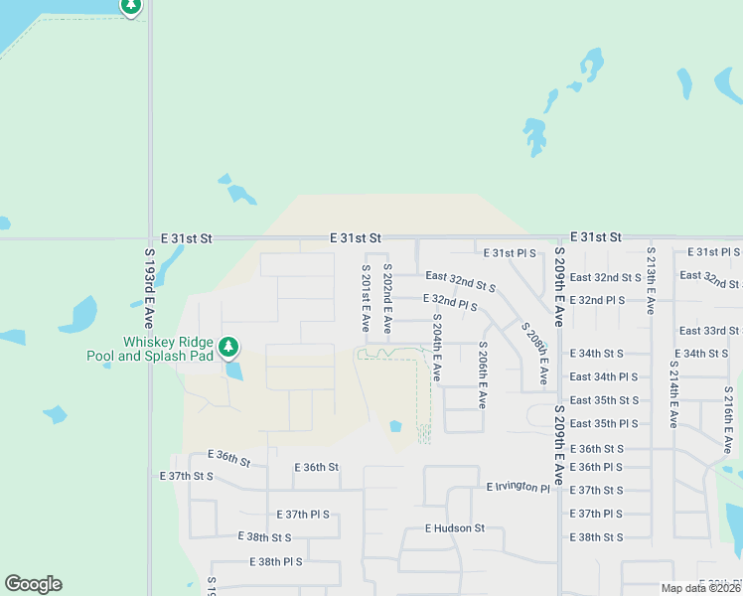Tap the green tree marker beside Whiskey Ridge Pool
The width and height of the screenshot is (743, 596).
(229, 347)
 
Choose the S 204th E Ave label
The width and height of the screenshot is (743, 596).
(436, 347)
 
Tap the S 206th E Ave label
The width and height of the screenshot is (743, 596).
(483, 374)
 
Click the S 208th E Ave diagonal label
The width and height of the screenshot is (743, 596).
(534, 353)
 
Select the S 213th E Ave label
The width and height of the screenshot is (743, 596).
(651, 281)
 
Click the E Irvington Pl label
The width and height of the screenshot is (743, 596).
(518, 488)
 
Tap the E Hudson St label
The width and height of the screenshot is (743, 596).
(454, 528)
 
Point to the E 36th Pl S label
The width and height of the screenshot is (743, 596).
(596, 467)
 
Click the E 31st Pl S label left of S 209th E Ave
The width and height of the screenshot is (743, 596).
(510, 253)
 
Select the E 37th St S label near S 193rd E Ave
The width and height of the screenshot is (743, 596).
(188, 476)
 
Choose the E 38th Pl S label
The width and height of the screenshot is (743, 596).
(272, 561)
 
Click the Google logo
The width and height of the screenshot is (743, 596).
(33, 584)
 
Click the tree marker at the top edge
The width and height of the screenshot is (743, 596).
(131, 6)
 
